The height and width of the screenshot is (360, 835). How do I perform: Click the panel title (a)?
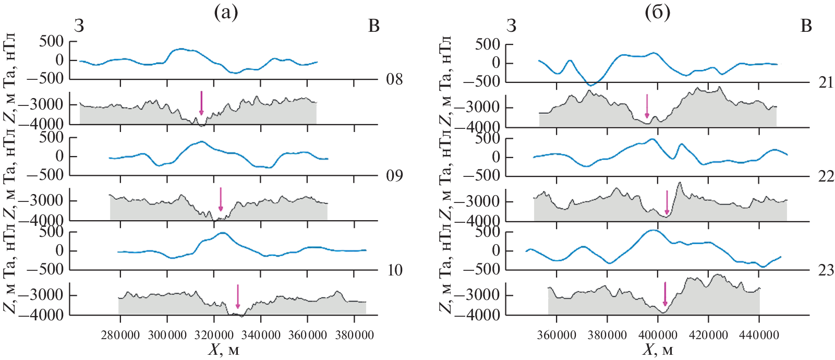coord(226,13)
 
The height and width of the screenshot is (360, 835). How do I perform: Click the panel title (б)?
coord(657,13)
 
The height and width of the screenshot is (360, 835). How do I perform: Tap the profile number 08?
coord(394,80)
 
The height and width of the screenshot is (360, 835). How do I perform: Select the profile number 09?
coord(394,175)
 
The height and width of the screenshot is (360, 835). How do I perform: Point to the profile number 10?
coord(395,270)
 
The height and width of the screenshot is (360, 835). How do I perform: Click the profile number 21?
coord(826,83)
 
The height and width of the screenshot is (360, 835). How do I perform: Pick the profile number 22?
coord(826,176)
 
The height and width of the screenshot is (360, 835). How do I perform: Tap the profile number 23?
coord(826,270)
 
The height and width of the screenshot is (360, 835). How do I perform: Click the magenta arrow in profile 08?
coord(201,103)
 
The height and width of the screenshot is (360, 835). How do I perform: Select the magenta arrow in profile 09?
coord(221,199)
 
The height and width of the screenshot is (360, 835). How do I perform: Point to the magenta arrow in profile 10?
coord(238,296)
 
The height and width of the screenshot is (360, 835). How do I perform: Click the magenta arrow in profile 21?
coord(647,106)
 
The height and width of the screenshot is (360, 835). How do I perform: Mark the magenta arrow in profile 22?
coord(667,202)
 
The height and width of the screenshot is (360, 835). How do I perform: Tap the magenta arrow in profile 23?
coord(665,294)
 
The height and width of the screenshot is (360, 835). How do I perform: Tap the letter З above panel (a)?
coord(79,26)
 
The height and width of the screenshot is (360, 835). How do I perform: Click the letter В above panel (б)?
coord(806,26)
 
